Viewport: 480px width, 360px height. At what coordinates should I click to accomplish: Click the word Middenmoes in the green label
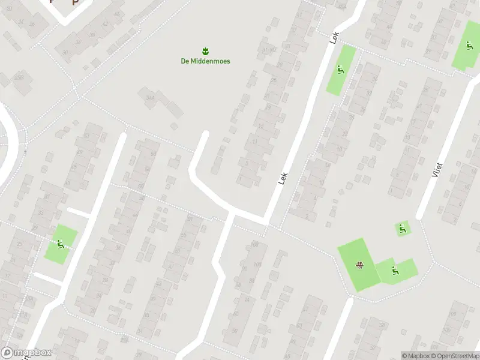click(x=211, y=61)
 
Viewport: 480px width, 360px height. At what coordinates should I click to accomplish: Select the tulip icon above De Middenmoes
click(x=205, y=50)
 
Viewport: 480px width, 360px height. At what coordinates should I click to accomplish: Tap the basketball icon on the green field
click(x=360, y=265)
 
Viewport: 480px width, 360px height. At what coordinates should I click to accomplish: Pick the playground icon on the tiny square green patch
click(x=402, y=228)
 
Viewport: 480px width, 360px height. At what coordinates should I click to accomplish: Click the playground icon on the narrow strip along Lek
click(x=341, y=70)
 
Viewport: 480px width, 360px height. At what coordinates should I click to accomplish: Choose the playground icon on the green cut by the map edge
click(x=469, y=46)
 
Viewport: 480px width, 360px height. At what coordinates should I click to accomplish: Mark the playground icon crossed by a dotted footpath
click(x=60, y=244)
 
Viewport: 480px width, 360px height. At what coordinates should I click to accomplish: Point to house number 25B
click(x=19, y=77)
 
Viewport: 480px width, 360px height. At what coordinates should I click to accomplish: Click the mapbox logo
click(x=26, y=353)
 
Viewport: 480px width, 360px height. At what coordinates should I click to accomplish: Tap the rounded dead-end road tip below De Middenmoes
click(x=204, y=135)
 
